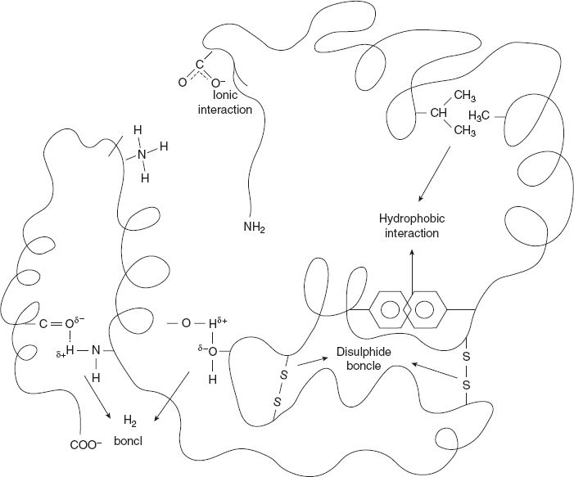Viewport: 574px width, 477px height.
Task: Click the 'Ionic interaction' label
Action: pos(225,102)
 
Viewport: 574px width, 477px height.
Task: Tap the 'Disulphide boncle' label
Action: pos(358,359)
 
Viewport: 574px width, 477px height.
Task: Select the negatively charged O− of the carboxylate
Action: pos(218,82)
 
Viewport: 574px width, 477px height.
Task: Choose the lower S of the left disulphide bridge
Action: pos(278,401)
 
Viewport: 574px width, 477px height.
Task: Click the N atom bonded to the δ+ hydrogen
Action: pos(96,350)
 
